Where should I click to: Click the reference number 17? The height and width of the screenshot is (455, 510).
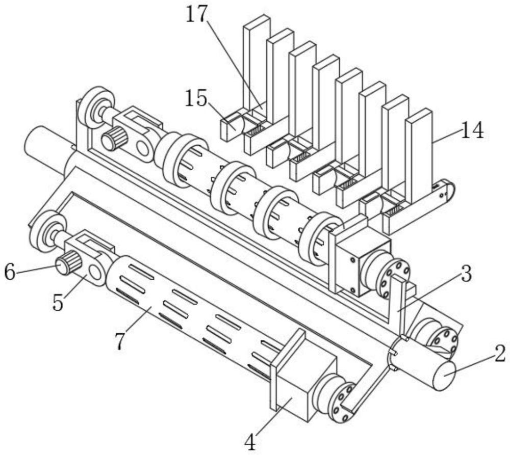pyautogui.click(x=196, y=14)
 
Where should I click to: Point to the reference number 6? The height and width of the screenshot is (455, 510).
pyautogui.click(x=10, y=273)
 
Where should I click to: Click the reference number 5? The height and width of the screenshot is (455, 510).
pyautogui.click(x=58, y=303)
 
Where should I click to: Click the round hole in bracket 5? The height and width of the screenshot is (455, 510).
pyautogui.click(x=95, y=273)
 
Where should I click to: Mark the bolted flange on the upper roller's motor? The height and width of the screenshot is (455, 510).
pyautogui.click(x=393, y=278)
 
